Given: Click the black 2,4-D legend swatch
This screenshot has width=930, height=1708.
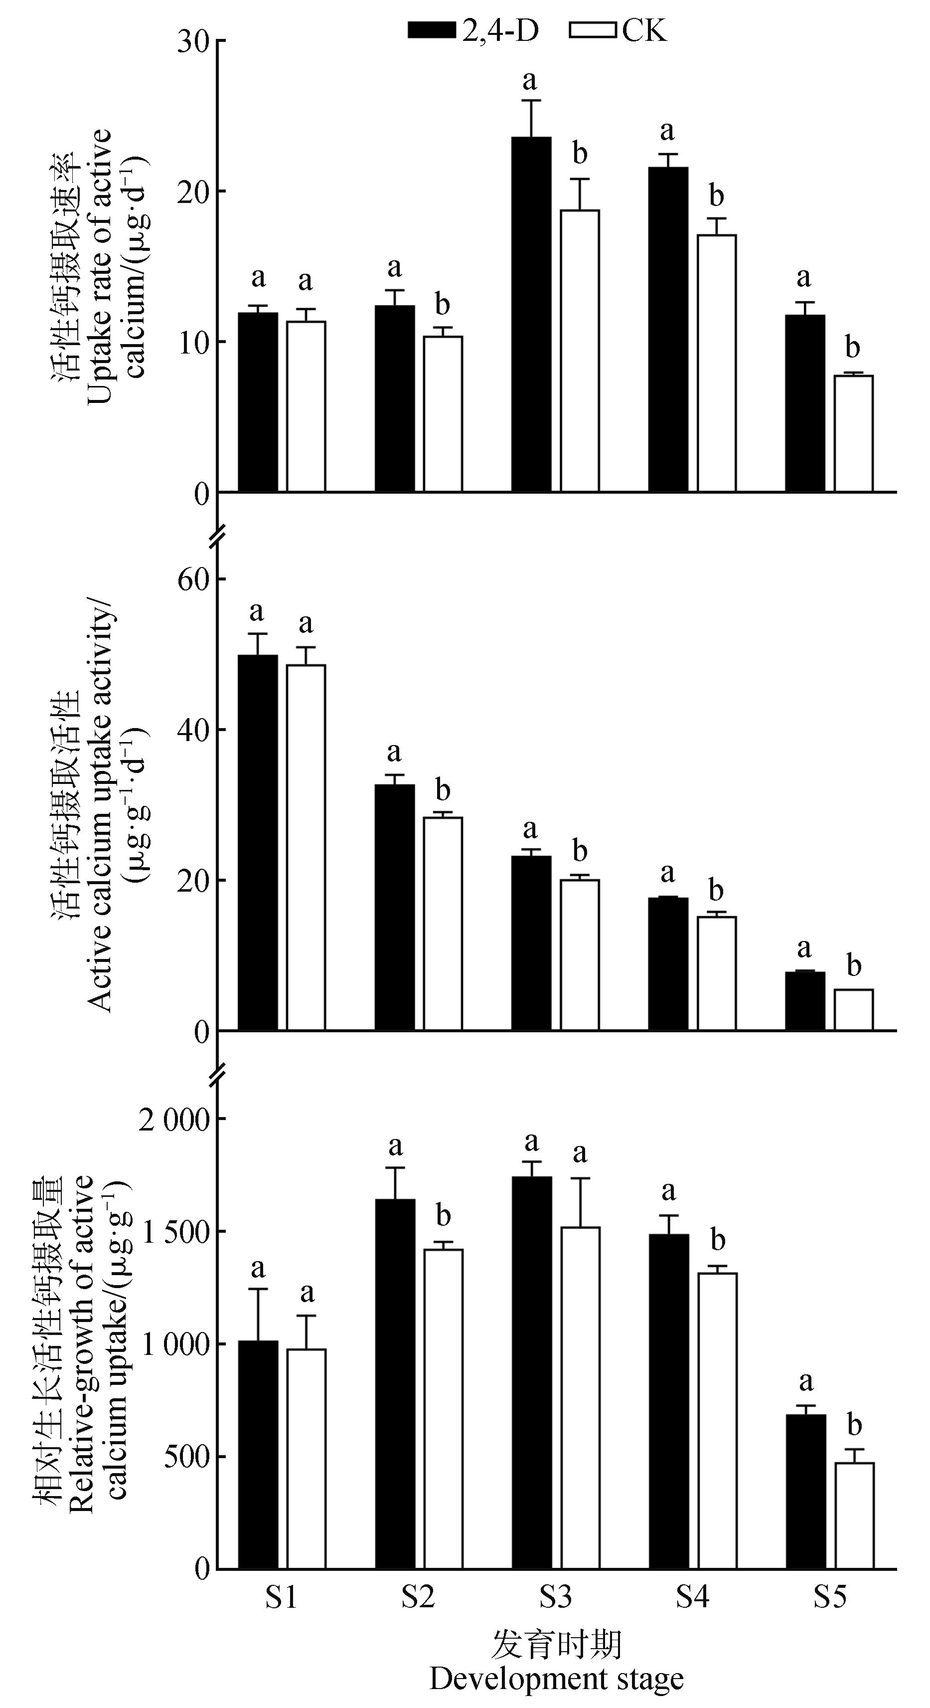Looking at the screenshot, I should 432,30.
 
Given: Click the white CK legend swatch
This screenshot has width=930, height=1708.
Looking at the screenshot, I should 593,30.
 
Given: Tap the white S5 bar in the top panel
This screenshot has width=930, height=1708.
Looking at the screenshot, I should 853,434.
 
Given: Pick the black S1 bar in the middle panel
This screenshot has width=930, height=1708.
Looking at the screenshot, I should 258,842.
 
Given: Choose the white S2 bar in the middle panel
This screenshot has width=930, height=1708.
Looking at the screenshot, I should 443,924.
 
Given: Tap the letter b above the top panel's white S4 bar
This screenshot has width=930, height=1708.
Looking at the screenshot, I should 716,196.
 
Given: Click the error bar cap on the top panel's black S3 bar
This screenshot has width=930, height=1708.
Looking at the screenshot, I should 531,101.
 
